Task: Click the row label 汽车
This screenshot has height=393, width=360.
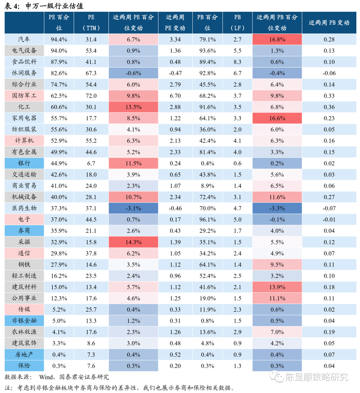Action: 24,39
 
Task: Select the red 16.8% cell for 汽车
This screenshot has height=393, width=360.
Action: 277,39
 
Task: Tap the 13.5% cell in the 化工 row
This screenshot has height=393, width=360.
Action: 133,107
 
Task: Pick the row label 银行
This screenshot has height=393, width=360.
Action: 24,163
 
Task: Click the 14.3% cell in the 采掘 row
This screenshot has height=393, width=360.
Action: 133,242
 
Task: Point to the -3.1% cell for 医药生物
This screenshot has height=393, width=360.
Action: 133,208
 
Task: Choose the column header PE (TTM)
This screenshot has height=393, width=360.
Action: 91,23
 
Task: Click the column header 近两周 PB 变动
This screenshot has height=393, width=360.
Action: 329,23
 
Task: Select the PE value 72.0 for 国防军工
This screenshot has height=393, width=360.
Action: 91,96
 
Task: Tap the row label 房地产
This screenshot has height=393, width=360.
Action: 24,354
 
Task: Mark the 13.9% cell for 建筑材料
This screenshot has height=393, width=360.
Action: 277,287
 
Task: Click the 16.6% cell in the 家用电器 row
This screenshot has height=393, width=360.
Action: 277,118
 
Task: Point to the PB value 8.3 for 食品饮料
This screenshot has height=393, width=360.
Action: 237,62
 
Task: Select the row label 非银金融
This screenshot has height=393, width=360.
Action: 24,321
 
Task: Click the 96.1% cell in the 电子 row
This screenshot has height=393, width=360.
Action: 207,219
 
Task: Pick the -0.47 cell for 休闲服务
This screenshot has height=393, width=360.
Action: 175,73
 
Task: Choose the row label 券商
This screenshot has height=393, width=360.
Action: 24,231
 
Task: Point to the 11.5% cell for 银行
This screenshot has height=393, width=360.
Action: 133,163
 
